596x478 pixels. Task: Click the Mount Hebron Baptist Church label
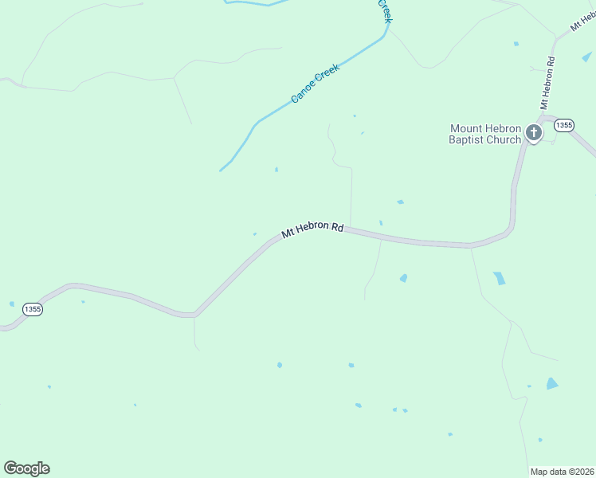click(x=485, y=134)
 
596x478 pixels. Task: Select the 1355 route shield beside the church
click(x=564, y=125)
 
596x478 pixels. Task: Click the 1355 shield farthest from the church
click(x=32, y=309)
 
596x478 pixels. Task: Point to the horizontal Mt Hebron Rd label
click(x=312, y=230)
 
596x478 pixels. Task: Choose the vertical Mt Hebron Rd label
click(x=547, y=83)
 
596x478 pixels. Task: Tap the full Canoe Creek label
click(x=316, y=84)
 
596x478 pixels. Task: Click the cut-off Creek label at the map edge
click(x=385, y=10)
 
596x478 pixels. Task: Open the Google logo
click(x=26, y=468)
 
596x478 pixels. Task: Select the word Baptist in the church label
click(x=467, y=139)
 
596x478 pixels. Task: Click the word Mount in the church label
click(x=467, y=128)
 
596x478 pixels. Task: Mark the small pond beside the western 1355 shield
click(x=12, y=304)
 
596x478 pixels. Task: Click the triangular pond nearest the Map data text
click(x=552, y=384)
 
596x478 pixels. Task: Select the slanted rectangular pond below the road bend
click(x=499, y=278)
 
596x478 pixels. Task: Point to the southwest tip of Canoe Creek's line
click(x=221, y=170)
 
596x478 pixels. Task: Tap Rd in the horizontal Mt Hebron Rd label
click(x=337, y=228)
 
